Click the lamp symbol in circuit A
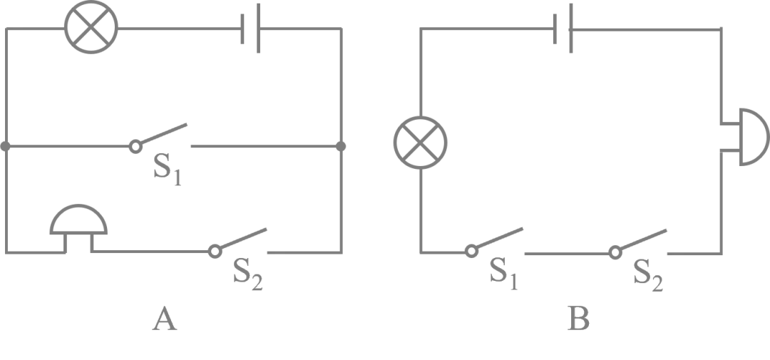pos(91,27)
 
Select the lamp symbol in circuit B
pos(421,143)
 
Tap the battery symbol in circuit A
pos(250,28)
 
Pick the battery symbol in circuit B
pos(563,28)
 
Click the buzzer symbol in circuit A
pos(78,220)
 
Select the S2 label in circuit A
pos(248,274)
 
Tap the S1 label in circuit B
pos(504,274)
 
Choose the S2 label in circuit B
pos(648,274)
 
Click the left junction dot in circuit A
pos(6,146)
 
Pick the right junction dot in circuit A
pos(341,146)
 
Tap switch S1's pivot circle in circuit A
pos(135,146)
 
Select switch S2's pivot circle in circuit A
pos(215,252)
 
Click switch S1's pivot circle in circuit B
pos(471,252)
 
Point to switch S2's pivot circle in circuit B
pos(615,252)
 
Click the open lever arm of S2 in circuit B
pos(644,240)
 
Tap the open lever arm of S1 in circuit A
pos(164,133)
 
